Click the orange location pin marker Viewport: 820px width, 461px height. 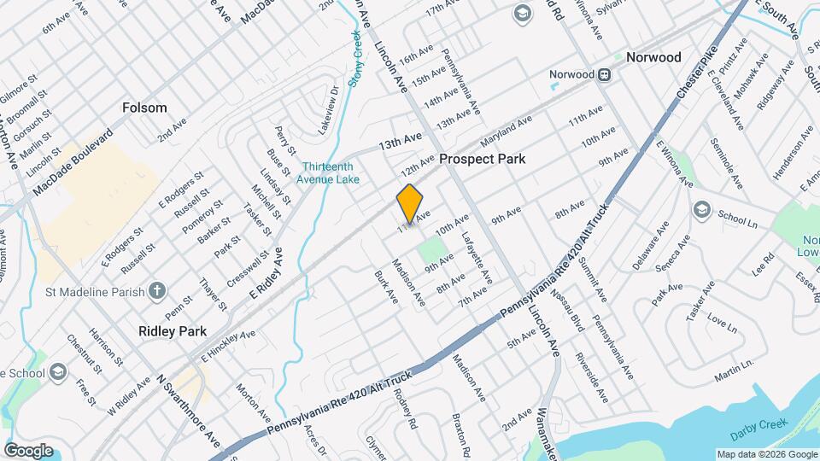tap(410, 204)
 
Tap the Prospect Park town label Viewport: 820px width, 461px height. tap(482, 160)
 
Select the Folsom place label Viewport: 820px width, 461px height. tap(144, 108)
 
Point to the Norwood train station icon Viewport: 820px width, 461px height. tap(604, 74)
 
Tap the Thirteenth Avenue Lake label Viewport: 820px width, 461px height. tap(328, 173)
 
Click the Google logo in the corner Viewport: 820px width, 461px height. tap(28, 450)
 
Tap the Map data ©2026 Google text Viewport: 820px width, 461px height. tap(765, 454)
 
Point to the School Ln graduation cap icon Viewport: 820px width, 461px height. tap(701, 210)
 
